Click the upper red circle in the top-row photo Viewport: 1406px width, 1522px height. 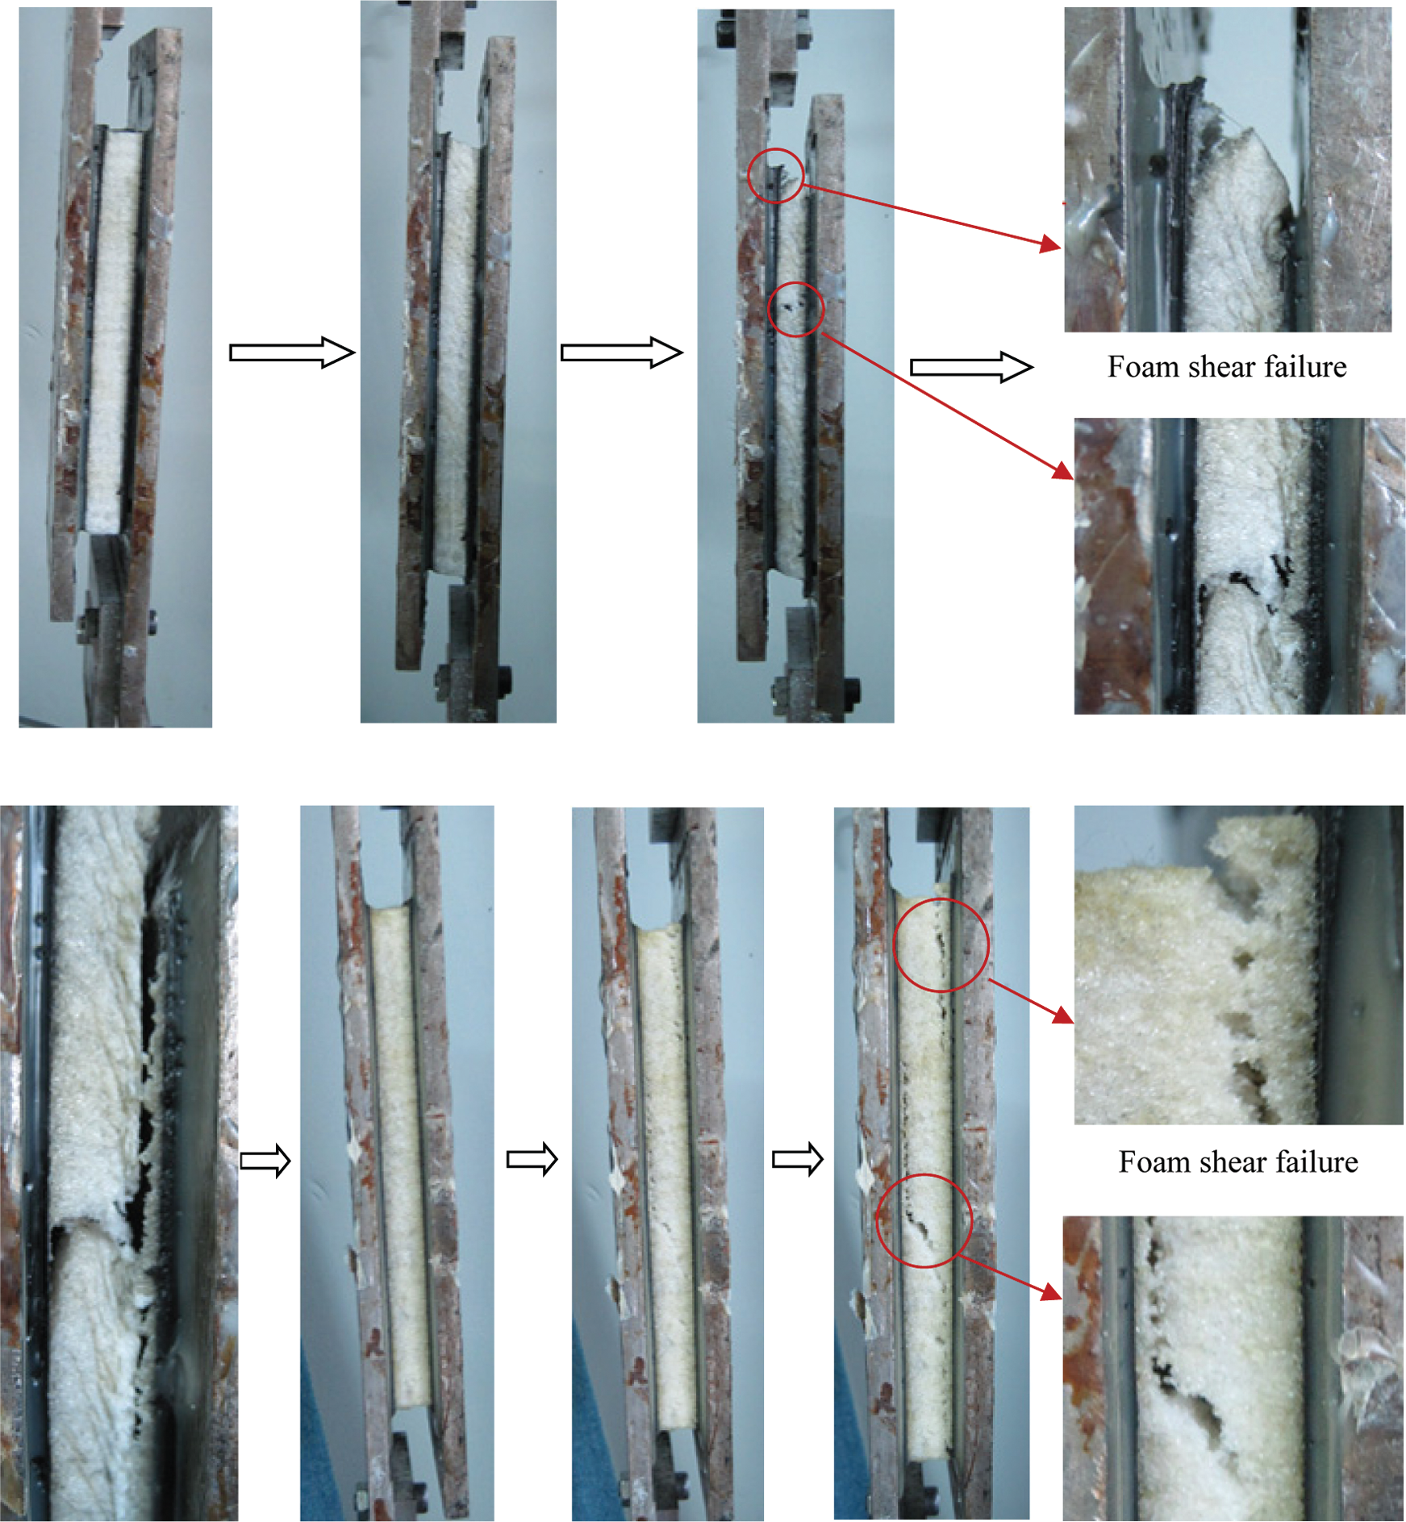(x=748, y=175)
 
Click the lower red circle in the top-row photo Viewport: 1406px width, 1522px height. (x=769, y=309)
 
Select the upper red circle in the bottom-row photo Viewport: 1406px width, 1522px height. (x=895, y=944)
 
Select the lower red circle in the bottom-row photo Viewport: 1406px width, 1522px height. (x=878, y=1220)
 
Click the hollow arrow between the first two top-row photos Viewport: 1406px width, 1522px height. (x=292, y=352)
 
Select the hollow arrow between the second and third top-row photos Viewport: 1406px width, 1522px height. (x=622, y=352)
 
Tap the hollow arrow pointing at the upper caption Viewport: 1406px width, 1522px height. (x=971, y=368)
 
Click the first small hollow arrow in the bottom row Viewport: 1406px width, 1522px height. (x=265, y=1161)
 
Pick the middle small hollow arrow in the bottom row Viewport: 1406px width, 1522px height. (x=532, y=1160)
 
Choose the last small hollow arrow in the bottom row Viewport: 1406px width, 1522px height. (x=798, y=1160)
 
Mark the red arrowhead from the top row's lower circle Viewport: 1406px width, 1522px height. (x=1065, y=471)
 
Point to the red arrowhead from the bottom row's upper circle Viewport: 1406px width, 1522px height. (x=1064, y=1015)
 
